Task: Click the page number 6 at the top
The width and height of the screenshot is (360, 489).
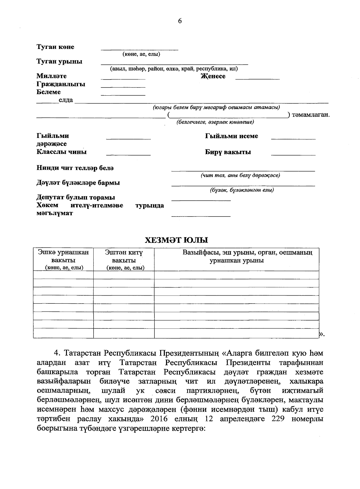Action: click(x=180, y=21)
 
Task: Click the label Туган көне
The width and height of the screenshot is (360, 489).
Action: click(x=55, y=47)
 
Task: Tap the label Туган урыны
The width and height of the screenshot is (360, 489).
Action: click(x=59, y=62)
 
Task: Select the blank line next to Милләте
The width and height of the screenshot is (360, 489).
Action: click(x=123, y=78)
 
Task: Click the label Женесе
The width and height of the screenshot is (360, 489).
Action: click(x=213, y=76)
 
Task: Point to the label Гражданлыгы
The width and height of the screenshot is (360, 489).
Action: click(x=61, y=84)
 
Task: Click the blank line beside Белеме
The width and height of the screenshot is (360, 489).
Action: click(x=123, y=94)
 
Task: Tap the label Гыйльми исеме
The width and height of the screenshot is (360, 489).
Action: click(x=231, y=136)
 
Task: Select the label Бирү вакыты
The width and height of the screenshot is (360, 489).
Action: click(x=228, y=152)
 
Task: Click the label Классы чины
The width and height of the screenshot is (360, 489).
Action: click(x=61, y=152)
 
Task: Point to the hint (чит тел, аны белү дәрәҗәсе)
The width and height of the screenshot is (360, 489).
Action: click(x=240, y=175)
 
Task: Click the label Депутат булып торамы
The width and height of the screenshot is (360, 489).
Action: click(x=76, y=198)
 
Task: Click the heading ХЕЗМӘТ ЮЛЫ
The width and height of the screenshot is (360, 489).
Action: click(x=176, y=240)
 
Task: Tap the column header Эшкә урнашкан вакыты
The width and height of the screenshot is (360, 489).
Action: click(x=63, y=260)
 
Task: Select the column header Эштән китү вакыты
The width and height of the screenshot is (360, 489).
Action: click(x=124, y=260)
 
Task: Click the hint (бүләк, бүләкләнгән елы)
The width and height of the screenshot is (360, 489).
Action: click(x=242, y=190)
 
